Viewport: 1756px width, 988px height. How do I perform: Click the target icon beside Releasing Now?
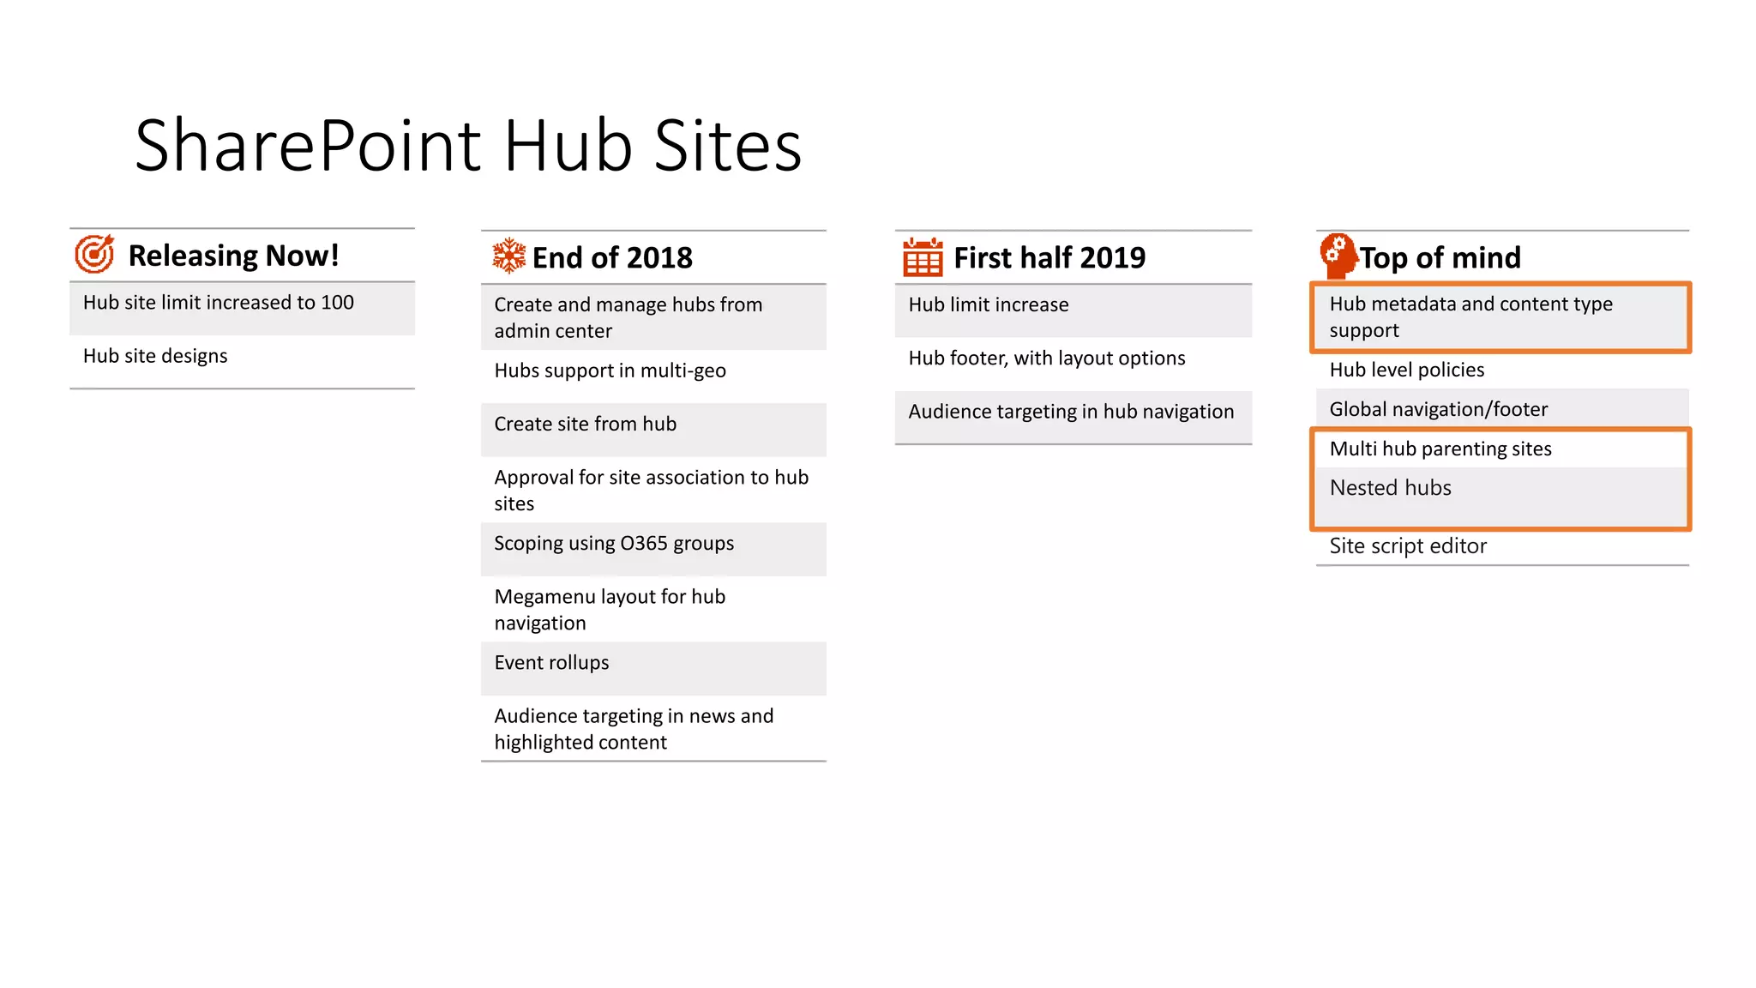pyautogui.click(x=94, y=254)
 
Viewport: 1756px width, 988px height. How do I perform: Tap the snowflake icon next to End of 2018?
pyautogui.click(x=508, y=256)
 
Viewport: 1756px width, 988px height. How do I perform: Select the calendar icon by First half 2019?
pyautogui.click(x=923, y=257)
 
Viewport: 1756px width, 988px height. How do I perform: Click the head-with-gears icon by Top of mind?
pyautogui.click(x=1338, y=255)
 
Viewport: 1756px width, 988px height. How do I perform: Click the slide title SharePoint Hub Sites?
pyautogui.click(x=468, y=146)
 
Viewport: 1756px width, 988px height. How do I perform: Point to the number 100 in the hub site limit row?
pyautogui.click(x=337, y=303)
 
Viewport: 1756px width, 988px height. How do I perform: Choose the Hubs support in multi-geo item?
pyautogui.click(x=610, y=370)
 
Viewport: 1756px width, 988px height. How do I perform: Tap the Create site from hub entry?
pyautogui.click(x=585, y=424)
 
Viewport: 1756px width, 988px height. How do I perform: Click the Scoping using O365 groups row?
pyautogui.click(x=614, y=543)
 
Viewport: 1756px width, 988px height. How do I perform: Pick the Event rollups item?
pyautogui.click(x=551, y=662)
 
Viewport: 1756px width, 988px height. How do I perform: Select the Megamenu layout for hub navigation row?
pyautogui.click(x=610, y=609)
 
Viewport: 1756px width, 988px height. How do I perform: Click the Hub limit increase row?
pyautogui.click(x=988, y=304)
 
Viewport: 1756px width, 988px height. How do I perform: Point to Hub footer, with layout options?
pyautogui.click(x=1046, y=358)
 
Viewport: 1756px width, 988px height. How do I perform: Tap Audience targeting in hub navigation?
pyautogui.click(x=1071, y=412)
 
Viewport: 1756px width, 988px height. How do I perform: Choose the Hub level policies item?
pyautogui.click(x=1406, y=370)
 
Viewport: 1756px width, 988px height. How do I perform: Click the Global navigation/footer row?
pyautogui.click(x=1438, y=409)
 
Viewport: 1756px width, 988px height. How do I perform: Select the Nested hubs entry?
pyautogui.click(x=1390, y=488)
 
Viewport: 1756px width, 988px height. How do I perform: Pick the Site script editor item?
pyautogui.click(x=1408, y=546)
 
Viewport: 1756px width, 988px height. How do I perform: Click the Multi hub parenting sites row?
pyautogui.click(x=1440, y=449)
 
